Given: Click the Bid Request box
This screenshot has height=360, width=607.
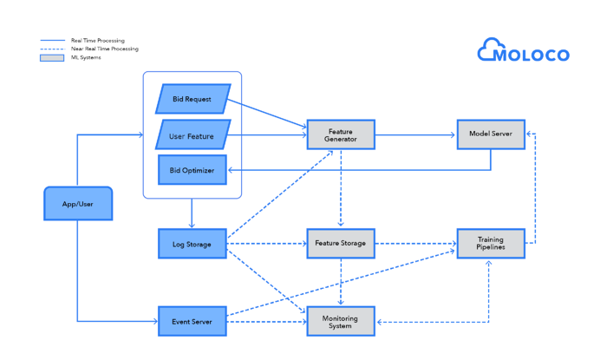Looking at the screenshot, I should pos(193,99).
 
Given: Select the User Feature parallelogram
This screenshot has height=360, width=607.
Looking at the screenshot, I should pos(193,135).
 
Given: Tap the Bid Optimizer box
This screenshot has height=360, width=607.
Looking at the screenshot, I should pos(193,170).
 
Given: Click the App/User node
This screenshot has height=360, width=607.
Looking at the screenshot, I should pos(78,203).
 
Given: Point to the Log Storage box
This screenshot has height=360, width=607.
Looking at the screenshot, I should pos(193,244).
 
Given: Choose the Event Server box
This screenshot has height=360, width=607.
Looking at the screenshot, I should pos(193,321).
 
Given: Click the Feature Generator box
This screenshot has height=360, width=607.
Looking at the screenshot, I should pos(341,134).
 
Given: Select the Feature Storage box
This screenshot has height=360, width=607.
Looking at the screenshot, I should pos(341,244).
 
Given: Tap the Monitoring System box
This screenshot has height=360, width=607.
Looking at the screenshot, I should pos(341,321).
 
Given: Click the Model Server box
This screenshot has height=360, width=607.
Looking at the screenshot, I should pos(491,134).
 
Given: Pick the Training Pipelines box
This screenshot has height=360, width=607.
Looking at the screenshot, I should pos(491,244).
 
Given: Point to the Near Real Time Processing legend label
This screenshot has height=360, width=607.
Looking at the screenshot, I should pos(104,49).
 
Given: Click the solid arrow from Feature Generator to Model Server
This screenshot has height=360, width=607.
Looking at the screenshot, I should pos(415,134).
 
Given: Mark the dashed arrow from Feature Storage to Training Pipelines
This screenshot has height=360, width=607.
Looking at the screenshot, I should pos(415,244).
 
